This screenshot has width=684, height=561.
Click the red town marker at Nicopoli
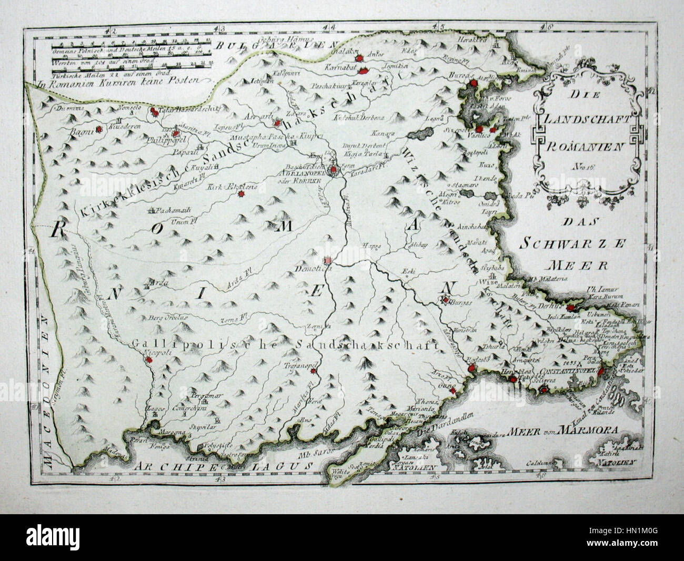point(149,360)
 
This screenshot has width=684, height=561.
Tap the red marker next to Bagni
point(98,128)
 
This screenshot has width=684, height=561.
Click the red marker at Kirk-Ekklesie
point(242,194)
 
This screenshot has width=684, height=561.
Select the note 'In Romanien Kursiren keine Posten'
point(120,81)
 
